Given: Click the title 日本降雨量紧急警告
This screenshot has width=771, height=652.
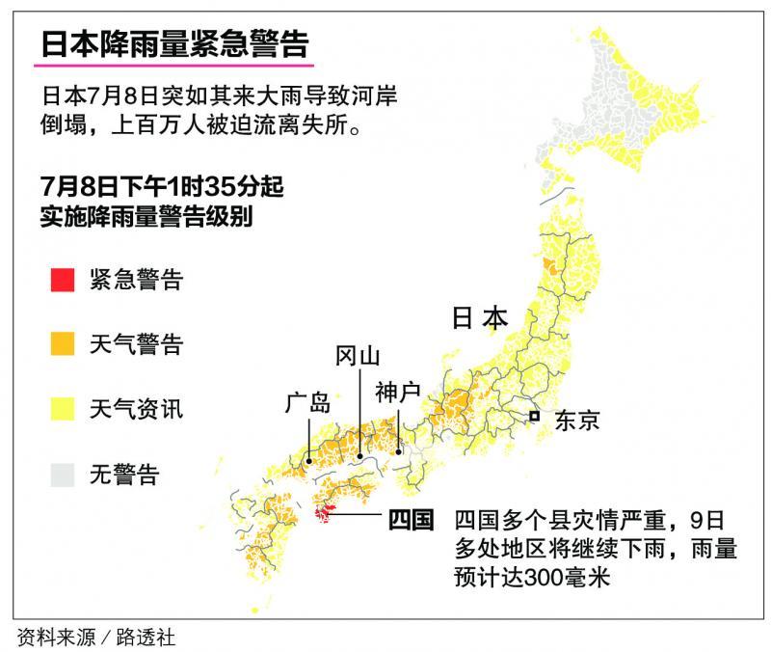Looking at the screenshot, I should [174, 45].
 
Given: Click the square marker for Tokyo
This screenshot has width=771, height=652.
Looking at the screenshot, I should [533, 417].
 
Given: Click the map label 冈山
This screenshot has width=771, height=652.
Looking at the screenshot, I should [357, 357].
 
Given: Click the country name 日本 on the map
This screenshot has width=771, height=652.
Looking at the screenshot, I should [479, 320].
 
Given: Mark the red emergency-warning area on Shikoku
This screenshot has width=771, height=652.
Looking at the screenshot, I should [326, 514].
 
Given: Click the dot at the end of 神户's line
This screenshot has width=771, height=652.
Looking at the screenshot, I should [398, 449].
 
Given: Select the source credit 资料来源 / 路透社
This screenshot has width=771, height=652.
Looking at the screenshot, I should [96, 637].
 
